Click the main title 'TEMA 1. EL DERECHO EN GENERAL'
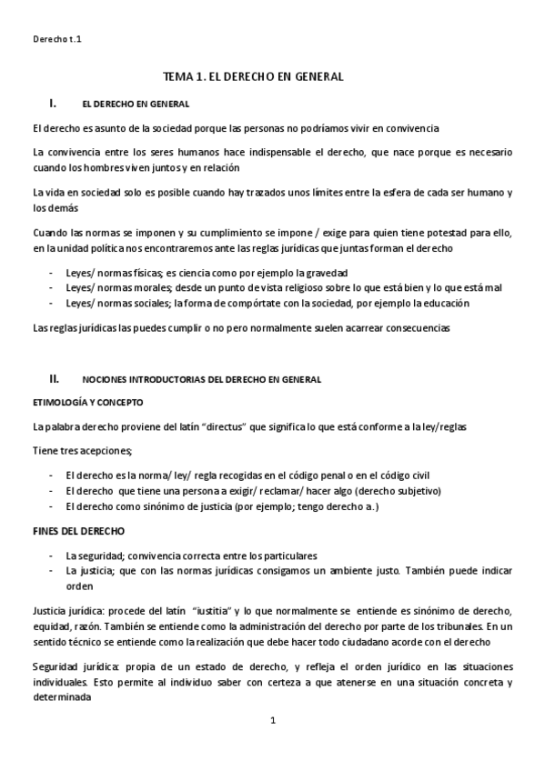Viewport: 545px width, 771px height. (x=252, y=77)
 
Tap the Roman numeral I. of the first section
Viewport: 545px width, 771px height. (x=54, y=104)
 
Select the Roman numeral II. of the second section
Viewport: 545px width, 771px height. (x=55, y=377)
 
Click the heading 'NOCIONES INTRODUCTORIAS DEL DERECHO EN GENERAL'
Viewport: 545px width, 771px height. (x=201, y=378)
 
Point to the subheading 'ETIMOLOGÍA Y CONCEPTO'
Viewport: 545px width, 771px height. (x=87, y=402)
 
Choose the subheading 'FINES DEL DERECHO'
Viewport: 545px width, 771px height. (x=79, y=530)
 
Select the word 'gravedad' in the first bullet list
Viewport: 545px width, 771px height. (x=326, y=273)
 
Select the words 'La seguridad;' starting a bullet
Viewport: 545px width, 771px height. (x=96, y=556)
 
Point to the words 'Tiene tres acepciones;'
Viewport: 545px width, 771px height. (x=83, y=451)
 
